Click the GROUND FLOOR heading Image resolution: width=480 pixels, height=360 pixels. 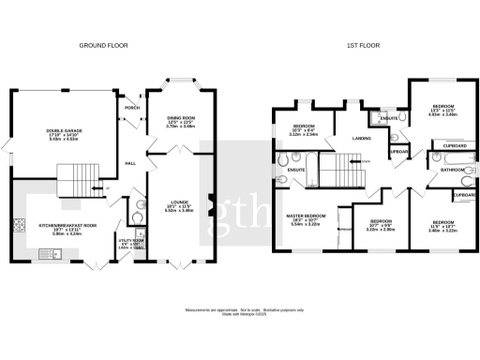point(103,45)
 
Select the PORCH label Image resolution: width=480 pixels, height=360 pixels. point(132,108)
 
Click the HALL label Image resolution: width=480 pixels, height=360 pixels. point(131,162)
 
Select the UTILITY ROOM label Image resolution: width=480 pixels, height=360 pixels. point(129,241)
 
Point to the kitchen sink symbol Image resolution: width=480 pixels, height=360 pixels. point(46,254)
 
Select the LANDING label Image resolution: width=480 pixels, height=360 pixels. point(361,140)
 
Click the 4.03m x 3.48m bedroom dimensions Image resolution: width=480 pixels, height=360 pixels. point(443,114)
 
